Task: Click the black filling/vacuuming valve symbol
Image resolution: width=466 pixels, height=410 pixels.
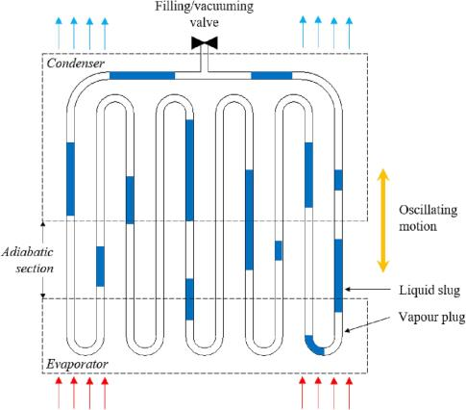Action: point(205,42)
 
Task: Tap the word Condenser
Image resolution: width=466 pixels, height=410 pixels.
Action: point(76,64)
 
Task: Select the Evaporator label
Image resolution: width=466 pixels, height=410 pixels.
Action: point(77,364)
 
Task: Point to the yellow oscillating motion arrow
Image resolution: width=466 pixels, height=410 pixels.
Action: point(382,220)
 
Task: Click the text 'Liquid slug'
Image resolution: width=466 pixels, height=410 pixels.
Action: point(429,291)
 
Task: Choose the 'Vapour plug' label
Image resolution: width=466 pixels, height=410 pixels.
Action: point(431,317)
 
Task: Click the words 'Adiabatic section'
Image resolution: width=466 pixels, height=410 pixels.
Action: point(28,260)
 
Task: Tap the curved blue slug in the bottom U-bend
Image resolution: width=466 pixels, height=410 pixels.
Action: point(313,346)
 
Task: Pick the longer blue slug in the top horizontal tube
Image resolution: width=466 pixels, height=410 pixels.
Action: point(142,76)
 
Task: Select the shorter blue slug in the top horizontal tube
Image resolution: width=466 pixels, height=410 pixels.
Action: point(272,76)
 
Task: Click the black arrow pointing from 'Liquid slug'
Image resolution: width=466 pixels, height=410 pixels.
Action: point(368,290)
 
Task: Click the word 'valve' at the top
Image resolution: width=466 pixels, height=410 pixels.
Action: point(205,22)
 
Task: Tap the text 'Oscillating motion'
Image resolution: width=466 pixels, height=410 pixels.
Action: point(428,218)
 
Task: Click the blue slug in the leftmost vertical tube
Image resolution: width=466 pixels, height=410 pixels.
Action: point(70,179)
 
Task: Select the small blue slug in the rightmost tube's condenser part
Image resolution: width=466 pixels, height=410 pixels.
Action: point(338,180)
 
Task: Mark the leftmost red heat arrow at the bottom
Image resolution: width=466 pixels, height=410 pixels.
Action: point(59,394)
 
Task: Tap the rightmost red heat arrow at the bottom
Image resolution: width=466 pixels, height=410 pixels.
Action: point(350,394)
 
